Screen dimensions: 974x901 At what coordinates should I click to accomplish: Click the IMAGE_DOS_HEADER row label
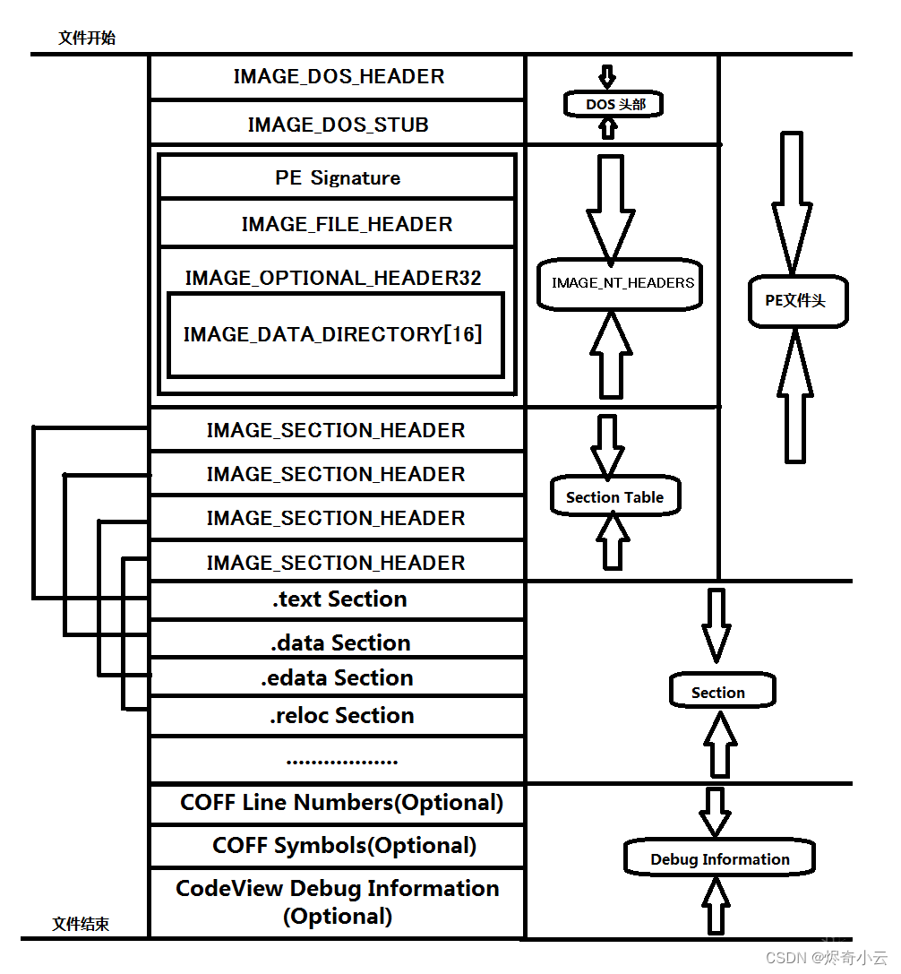click(339, 77)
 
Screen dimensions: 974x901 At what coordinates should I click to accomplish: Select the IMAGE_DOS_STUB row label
click(339, 125)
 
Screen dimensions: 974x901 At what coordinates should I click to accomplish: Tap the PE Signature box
click(338, 178)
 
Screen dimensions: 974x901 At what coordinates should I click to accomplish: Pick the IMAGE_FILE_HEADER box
click(347, 224)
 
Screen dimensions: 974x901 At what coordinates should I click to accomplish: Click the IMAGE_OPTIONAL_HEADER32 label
click(333, 278)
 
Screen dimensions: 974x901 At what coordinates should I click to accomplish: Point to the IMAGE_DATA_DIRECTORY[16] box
click(333, 334)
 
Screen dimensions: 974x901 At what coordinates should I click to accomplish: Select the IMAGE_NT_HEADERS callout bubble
click(622, 283)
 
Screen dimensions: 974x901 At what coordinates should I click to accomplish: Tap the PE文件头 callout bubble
click(795, 301)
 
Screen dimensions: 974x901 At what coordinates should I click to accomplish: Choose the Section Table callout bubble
click(615, 497)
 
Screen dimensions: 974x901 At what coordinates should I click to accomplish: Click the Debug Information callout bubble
click(720, 859)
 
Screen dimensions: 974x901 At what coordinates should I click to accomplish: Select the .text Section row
click(339, 599)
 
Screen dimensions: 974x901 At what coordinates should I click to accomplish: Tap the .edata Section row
click(338, 678)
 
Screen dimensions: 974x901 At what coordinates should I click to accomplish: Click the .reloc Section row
click(341, 716)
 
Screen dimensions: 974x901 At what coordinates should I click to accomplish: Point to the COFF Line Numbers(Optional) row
click(341, 803)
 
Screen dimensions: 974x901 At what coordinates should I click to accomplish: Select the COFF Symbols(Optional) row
click(344, 846)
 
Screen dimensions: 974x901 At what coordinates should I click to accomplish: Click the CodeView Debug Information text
click(338, 889)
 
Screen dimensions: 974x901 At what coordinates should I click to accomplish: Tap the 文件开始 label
click(87, 39)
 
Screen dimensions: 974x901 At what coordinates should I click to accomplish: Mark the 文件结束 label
click(81, 925)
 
